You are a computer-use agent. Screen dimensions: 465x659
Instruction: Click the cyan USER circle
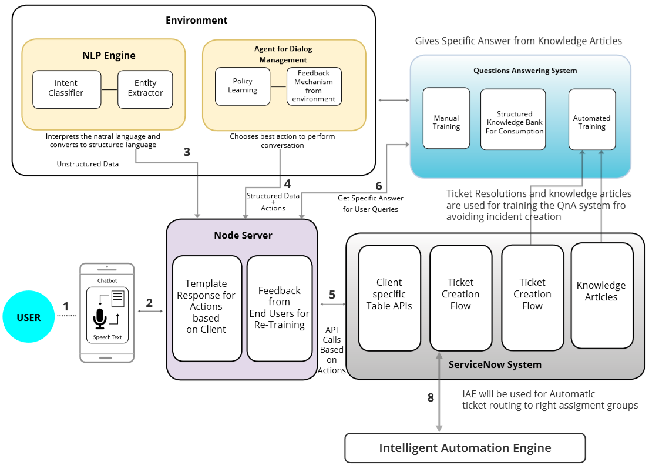[29, 317]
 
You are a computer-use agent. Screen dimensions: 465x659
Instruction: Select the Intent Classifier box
[66, 89]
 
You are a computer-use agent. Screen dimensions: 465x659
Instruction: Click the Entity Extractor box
[145, 89]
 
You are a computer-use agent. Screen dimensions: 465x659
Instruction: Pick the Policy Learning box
[243, 86]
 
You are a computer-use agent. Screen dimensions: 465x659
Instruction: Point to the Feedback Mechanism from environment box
[314, 86]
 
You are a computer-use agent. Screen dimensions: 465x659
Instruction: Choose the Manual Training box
[446, 118]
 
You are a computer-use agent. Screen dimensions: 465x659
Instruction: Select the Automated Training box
[591, 118]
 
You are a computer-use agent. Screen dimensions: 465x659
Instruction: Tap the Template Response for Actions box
[207, 307]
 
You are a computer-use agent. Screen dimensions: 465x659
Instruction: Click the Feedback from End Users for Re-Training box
[279, 307]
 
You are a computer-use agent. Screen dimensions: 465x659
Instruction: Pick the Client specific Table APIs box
[389, 297]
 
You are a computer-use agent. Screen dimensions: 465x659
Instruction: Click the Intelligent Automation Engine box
[465, 448]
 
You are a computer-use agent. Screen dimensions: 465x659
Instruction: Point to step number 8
[431, 398]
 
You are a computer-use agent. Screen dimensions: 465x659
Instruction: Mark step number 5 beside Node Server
[332, 295]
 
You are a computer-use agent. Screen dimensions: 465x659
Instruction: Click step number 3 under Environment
[187, 152]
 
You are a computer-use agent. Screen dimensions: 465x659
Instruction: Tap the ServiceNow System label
[495, 364]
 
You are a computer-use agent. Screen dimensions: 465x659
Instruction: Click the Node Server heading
[243, 235]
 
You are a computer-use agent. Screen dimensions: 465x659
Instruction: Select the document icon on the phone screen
[117, 299]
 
